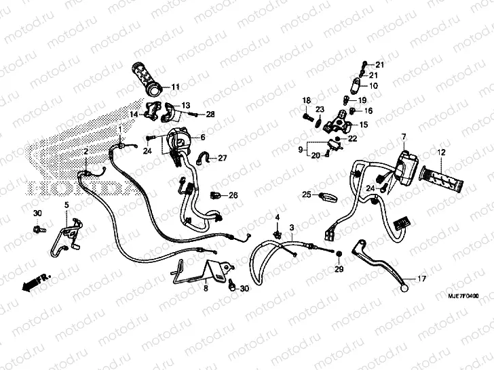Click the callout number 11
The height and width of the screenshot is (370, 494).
(x=176, y=87)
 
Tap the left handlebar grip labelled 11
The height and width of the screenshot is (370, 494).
(x=147, y=78)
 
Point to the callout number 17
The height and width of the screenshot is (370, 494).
(x=421, y=279)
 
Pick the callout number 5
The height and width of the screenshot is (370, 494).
(x=66, y=205)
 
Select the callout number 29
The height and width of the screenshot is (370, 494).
(x=339, y=271)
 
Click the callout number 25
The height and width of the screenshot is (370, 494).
(x=307, y=195)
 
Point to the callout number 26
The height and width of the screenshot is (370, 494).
(x=233, y=195)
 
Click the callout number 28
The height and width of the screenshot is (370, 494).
(x=210, y=115)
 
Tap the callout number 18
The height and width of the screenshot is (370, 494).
(x=306, y=100)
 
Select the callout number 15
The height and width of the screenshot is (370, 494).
(x=363, y=125)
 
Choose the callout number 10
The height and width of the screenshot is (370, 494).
(x=373, y=86)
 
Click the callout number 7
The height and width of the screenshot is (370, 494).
(x=403, y=138)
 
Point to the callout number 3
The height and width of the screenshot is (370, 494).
(x=292, y=227)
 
